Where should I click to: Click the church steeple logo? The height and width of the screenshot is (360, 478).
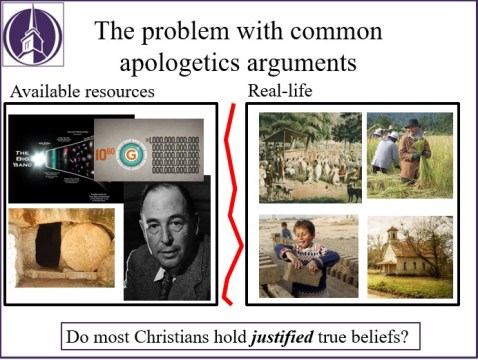(x=32, y=37)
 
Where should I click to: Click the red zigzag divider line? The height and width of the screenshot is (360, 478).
(x=232, y=200)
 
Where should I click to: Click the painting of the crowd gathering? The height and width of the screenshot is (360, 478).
(x=307, y=155)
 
